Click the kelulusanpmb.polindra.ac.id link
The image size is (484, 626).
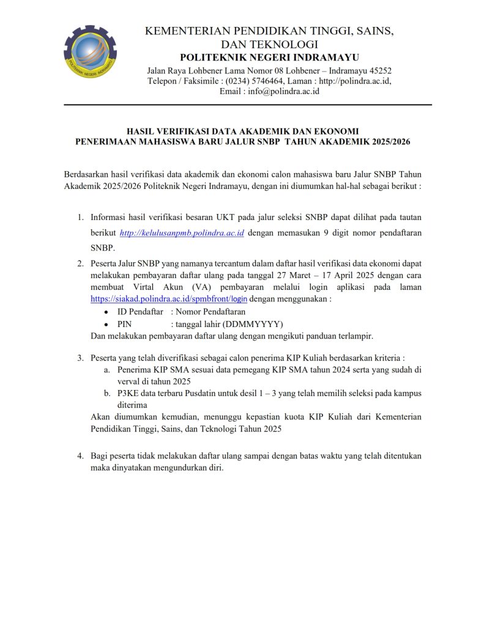click(x=182, y=233)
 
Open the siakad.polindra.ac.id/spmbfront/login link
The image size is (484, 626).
click(x=169, y=300)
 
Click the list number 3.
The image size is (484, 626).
click(x=80, y=358)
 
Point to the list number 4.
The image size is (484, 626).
click(x=80, y=456)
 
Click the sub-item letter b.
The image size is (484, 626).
click(x=106, y=393)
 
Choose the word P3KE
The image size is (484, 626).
click(x=128, y=393)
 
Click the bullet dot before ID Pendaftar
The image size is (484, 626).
click(x=107, y=312)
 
